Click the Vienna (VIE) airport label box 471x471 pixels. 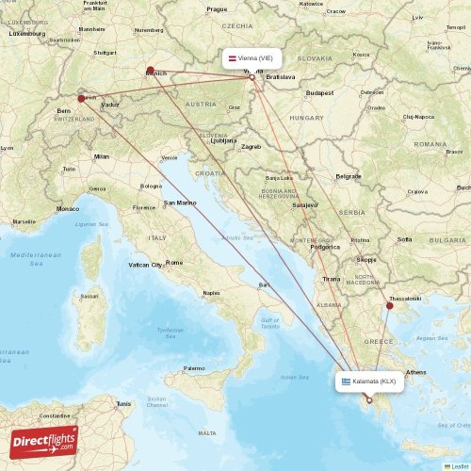[x=252, y=58]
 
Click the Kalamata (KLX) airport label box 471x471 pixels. [x=370, y=381]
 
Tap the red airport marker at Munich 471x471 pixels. [x=151, y=69]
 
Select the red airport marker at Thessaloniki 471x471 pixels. [x=389, y=305]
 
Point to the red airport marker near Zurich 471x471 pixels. [x=81, y=97]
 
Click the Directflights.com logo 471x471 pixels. [x=42, y=439]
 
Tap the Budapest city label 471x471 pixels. [x=320, y=93]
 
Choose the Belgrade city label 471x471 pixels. [x=349, y=176]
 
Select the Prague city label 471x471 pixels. [x=217, y=9]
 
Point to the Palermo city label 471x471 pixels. [x=194, y=368]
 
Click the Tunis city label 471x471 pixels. [x=123, y=403]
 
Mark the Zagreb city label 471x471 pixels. [x=251, y=146]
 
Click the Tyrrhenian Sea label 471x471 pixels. [x=171, y=332]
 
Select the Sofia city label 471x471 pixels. [x=405, y=239]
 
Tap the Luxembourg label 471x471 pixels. [x=27, y=33]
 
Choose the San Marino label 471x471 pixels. [x=180, y=203]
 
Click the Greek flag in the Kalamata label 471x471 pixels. [x=346, y=381]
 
